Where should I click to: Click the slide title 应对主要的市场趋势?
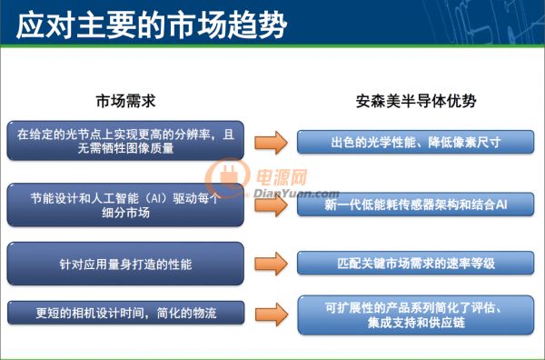[152, 25]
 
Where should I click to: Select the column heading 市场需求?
[125, 101]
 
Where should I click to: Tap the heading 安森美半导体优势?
[416, 101]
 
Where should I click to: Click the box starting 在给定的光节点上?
[125, 141]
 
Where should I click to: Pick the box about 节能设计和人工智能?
[125, 205]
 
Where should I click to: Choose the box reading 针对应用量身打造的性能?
[125, 264]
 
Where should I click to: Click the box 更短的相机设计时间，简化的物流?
[126, 313]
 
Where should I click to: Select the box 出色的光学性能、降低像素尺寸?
[416, 142]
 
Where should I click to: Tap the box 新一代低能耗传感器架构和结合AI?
[416, 205]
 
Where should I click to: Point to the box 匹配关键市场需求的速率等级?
[416, 263]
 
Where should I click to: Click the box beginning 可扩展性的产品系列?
[416, 315]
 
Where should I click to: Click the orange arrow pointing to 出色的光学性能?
[271, 142]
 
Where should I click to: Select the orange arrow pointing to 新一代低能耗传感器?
[271, 205]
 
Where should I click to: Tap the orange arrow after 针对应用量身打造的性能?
[271, 264]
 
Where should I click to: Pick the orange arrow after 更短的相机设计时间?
[272, 315]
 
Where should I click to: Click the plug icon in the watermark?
[228, 175]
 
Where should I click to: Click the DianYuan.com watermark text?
[296, 194]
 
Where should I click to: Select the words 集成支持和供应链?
[416, 323]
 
